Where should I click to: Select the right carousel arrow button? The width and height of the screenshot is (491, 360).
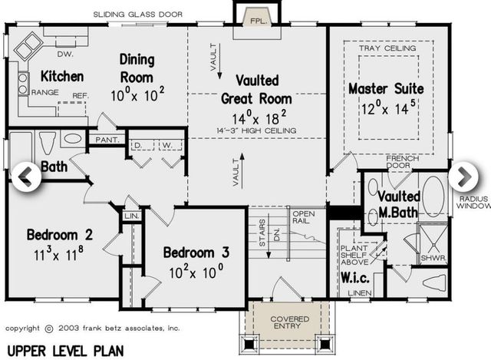[463, 176]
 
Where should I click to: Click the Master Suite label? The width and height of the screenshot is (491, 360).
[386, 89]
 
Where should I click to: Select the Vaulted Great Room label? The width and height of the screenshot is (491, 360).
[256, 89]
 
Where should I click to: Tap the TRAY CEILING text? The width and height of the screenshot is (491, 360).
[386, 48]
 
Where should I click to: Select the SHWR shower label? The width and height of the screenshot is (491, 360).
[433, 258]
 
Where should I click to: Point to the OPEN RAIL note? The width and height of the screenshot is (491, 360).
[303, 217]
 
